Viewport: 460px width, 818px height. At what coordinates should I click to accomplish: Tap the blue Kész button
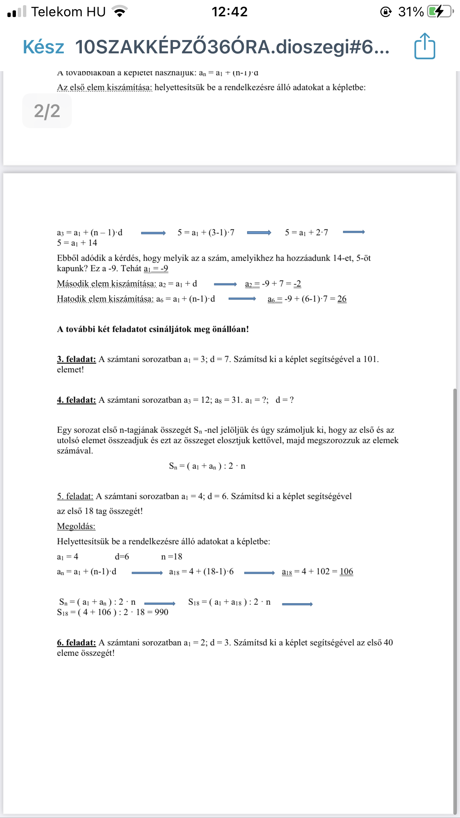43,47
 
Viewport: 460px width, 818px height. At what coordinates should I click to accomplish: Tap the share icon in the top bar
424,46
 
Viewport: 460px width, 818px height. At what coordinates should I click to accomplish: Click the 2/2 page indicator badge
47,111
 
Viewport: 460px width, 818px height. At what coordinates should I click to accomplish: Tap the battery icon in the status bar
440,11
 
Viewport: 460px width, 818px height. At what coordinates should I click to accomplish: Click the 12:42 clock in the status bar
229,12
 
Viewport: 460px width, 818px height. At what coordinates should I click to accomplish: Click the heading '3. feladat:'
76,359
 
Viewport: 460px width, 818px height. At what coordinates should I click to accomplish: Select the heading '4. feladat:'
76,400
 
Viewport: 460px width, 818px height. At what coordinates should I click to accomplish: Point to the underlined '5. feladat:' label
75,496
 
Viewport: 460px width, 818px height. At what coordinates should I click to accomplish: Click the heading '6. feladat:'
76,642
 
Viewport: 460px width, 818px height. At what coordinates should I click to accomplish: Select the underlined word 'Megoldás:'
76,526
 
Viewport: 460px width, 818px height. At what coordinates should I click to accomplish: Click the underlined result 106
346,571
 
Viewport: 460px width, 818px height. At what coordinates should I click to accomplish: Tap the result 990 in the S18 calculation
161,612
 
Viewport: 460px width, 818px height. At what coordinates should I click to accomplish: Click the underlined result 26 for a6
342,299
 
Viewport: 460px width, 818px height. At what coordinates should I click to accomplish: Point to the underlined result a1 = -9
156,269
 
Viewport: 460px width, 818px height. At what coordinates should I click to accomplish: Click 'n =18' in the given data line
171,556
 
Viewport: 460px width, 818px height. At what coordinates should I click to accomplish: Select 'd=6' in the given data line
122,556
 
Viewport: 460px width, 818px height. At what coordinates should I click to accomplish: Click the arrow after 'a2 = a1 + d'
225,284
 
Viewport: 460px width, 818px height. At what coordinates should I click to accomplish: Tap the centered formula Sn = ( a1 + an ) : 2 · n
207,466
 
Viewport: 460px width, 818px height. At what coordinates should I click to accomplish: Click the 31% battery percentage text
411,12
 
